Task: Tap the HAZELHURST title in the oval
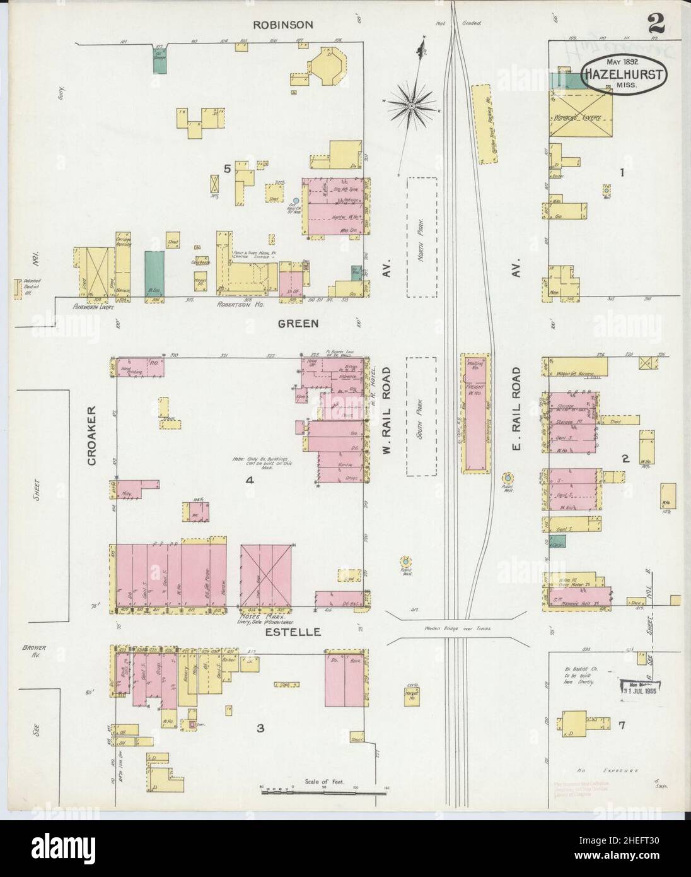click(x=622, y=74)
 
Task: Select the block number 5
click(x=225, y=168)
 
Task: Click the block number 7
click(x=622, y=726)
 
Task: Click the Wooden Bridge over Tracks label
click(x=456, y=628)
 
